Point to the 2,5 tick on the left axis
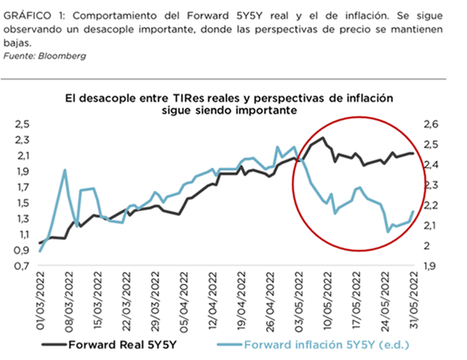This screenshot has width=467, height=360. click(x=22, y=124)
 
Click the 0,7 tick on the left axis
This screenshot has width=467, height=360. click(x=22, y=266)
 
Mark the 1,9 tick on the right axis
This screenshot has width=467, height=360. click(x=432, y=266)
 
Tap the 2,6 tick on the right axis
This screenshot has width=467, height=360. click(x=432, y=124)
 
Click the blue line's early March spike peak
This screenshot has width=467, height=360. click(x=64, y=170)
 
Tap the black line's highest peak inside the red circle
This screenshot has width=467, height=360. click(x=323, y=138)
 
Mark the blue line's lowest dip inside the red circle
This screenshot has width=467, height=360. click(x=388, y=231)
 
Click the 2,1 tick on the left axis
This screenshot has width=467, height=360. click(x=22, y=156)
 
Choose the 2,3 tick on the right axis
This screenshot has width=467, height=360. click(x=432, y=185)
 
